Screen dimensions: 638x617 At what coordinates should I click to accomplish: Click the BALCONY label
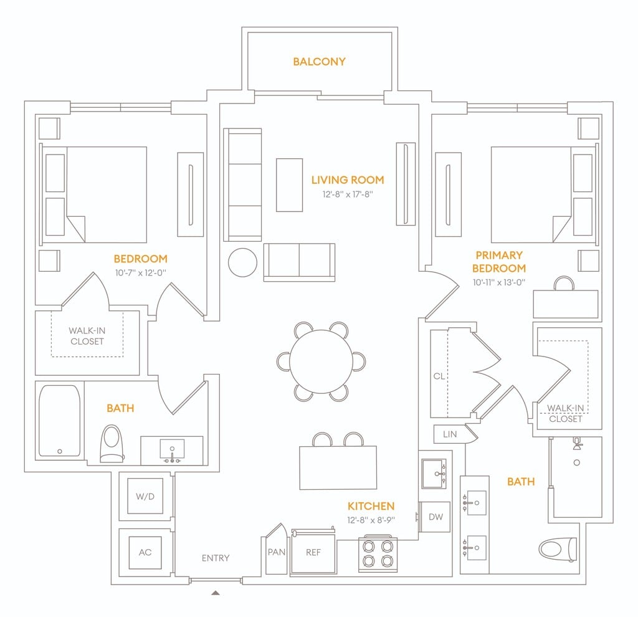pyautogui.click(x=319, y=62)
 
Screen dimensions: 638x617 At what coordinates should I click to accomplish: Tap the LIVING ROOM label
pyautogui.click(x=348, y=180)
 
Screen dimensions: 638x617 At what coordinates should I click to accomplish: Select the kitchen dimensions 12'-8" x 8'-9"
pyautogui.click(x=371, y=520)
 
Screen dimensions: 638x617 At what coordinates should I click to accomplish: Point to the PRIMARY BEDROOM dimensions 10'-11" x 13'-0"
pyautogui.click(x=499, y=282)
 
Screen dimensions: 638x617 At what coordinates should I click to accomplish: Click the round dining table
pyautogui.click(x=321, y=361)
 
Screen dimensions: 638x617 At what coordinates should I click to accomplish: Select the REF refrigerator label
pyautogui.click(x=313, y=552)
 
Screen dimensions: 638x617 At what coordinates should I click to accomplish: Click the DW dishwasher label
pyautogui.click(x=436, y=517)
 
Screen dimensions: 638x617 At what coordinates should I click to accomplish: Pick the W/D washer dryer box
pyautogui.click(x=145, y=496)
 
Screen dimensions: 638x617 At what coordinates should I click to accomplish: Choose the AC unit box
pyautogui.click(x=145, y=552)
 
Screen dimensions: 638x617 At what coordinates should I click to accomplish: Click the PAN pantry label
pyautogui.click(x=276, y=552)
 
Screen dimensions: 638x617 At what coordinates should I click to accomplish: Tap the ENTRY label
pyautogui.click(x=216, y=558)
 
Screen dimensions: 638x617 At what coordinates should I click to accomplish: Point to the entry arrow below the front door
pyautogui.click(x=216, y=593)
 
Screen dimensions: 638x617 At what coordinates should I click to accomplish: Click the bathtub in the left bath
pyautogui.click(x=59, y=421)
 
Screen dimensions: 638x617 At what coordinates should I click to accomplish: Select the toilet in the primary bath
pyautogui.click(x=558, y=548)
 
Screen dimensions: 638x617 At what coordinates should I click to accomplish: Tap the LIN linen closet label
pyautogui.click(x=450, y=434)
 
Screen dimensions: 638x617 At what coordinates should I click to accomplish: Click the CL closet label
pyautogui.click(x=439, y=376)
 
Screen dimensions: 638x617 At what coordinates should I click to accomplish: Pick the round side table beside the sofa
pyautogui.click(x=242, y=262)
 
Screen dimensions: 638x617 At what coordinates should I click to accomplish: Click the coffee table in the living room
pyautogui.click(x=289, y=185)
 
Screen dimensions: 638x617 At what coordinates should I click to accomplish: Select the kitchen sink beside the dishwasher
pyautogui.click(x=434, y=473)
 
